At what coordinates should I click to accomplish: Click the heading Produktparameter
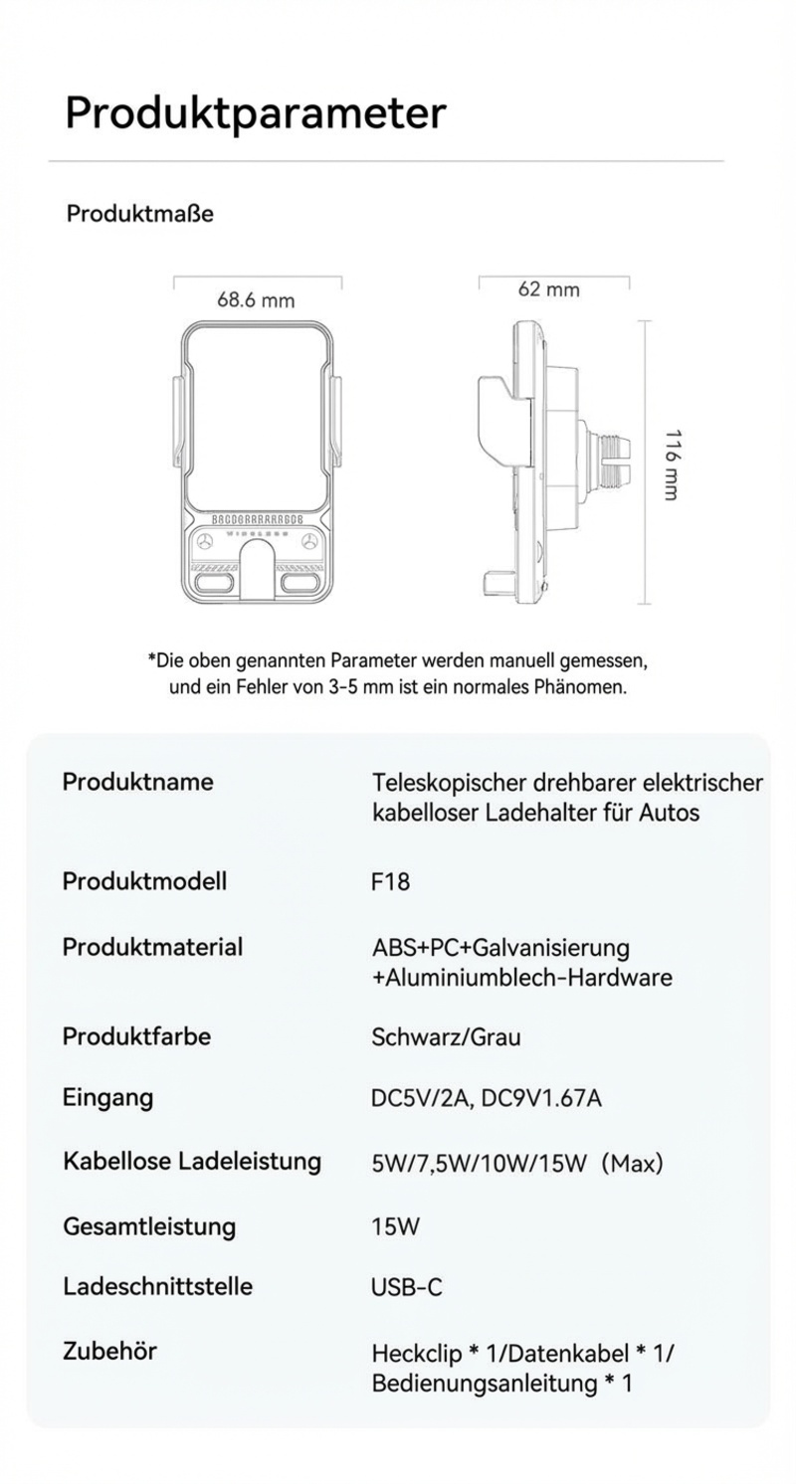[255, 112]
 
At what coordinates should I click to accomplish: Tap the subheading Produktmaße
[139, 214]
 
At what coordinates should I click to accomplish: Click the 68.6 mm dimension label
[256, 300]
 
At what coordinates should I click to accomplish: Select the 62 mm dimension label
[548, 289]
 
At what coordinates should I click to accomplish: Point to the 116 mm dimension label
[673, 464]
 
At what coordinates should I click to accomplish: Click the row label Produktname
[137, 782]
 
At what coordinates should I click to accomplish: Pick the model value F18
[390, 882]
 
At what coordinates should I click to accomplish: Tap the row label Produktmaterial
[152, 947]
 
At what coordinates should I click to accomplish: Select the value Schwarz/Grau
[446, 1037]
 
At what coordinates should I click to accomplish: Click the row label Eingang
[107, 1098]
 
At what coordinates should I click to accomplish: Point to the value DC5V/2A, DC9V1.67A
[486, 1099]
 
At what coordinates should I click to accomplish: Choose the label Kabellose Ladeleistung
[191, 1162]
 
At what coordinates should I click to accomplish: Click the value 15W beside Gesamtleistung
[395, 1227]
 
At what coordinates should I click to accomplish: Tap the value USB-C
[406, 1288]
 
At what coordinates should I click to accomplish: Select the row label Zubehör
[109, 1352]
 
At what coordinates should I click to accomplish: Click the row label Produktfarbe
[136, 1036]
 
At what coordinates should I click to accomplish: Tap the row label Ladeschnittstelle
[157, 1287]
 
